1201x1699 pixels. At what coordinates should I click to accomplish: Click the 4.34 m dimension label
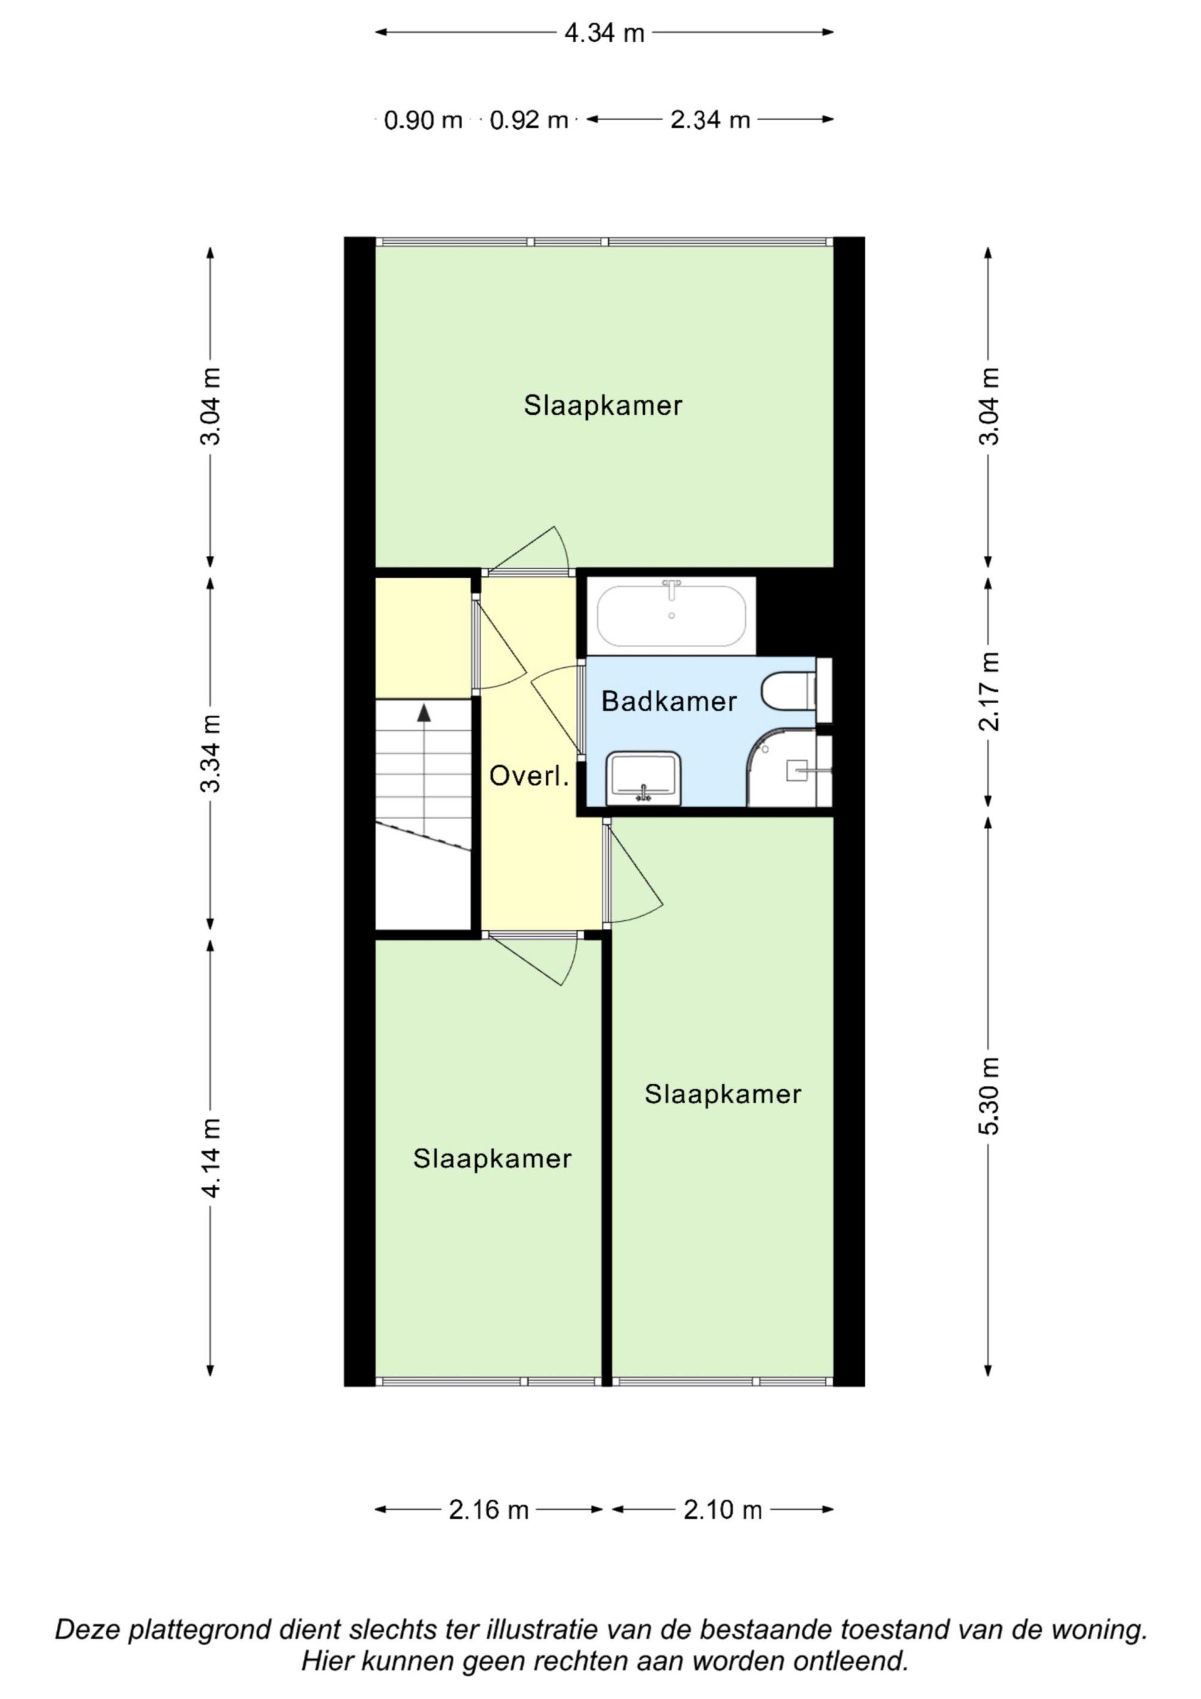click(x=604, y=33)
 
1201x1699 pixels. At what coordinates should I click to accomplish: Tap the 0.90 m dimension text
click(x=423, y=120)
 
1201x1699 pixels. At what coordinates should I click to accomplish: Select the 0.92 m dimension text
click(x=528, y=120)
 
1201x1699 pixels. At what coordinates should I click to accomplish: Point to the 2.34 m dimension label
click(x=710, y=120)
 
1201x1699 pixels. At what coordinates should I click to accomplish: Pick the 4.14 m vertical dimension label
click(x=211, y=1158)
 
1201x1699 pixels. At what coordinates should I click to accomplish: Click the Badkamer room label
click(x=669, y=701)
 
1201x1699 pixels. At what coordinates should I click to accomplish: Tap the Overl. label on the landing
click(x=529, y=777)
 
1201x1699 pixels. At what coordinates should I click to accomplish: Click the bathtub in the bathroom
click(x=671, y=616)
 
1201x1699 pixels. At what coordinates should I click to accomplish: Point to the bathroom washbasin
click(x=643, y=778)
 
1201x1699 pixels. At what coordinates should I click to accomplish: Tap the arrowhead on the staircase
click(x=424, y=713)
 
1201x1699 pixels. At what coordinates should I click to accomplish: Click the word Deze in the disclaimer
click(x=87, y=1630)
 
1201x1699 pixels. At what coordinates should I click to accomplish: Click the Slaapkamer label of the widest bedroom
click(x=603, y=405)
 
